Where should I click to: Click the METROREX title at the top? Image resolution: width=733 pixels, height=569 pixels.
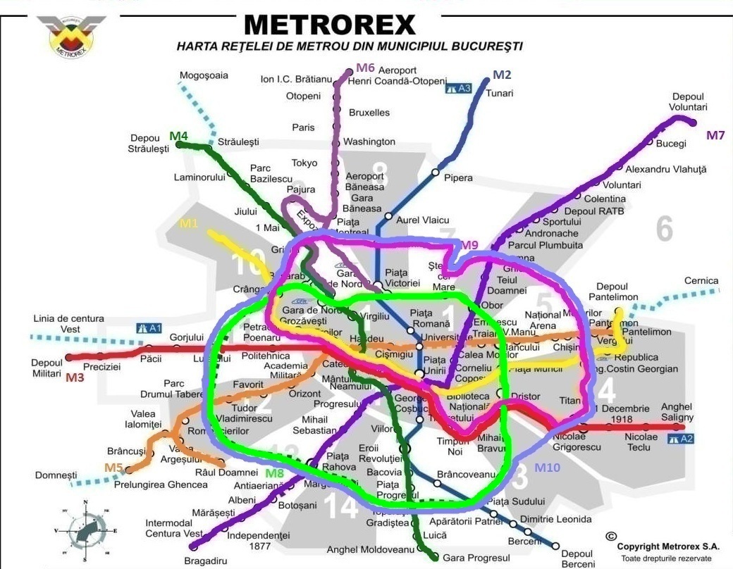tap(329, 25)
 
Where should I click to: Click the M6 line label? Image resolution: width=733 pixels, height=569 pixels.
tap(364, 68)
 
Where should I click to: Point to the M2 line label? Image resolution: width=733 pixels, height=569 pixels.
tap(502, 75)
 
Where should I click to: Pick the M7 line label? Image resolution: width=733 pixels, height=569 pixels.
tap(715, 135)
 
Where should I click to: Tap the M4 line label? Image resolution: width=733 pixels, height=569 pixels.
tap(178, 135)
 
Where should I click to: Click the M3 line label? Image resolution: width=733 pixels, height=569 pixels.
tap(75, 377)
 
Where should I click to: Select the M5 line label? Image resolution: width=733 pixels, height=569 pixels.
tap(113, 467)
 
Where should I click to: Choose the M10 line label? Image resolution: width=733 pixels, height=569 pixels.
tap(548, 467)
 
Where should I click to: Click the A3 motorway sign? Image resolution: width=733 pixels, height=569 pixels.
tap(458, 89)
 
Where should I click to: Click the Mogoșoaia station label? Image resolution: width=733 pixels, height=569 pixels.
tap(204, 75)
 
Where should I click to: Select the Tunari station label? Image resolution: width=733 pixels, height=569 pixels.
tap(500, 93)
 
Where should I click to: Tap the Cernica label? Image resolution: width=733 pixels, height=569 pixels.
tap(701, 281)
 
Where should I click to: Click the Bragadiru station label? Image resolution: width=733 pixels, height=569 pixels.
tap(204, 561)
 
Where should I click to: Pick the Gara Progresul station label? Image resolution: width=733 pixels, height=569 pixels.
tap(476, 558)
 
